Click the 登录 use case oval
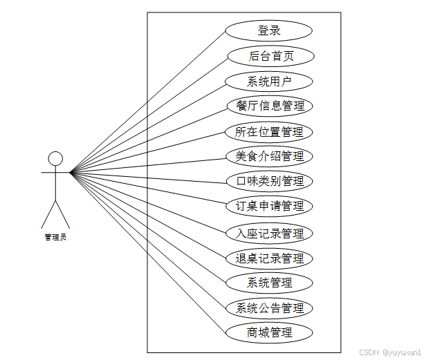coord(269,31)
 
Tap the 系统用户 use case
coord(269,82)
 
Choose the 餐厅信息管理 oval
coord(269,106)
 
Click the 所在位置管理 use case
coord(269,132)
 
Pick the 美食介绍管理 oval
coord(269,157)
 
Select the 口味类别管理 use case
coord(269,182)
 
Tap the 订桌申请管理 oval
coord(269,207)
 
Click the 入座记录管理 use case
coord(269,234)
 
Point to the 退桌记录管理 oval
coord(269,258)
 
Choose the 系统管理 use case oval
coord(269,283)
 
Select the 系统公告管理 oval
coord(269,307)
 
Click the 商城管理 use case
coord(269,332)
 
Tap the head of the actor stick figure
coord(55,159)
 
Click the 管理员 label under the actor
coord(55,237)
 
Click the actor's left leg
coord(48,214)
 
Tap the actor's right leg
coord(63,214)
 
